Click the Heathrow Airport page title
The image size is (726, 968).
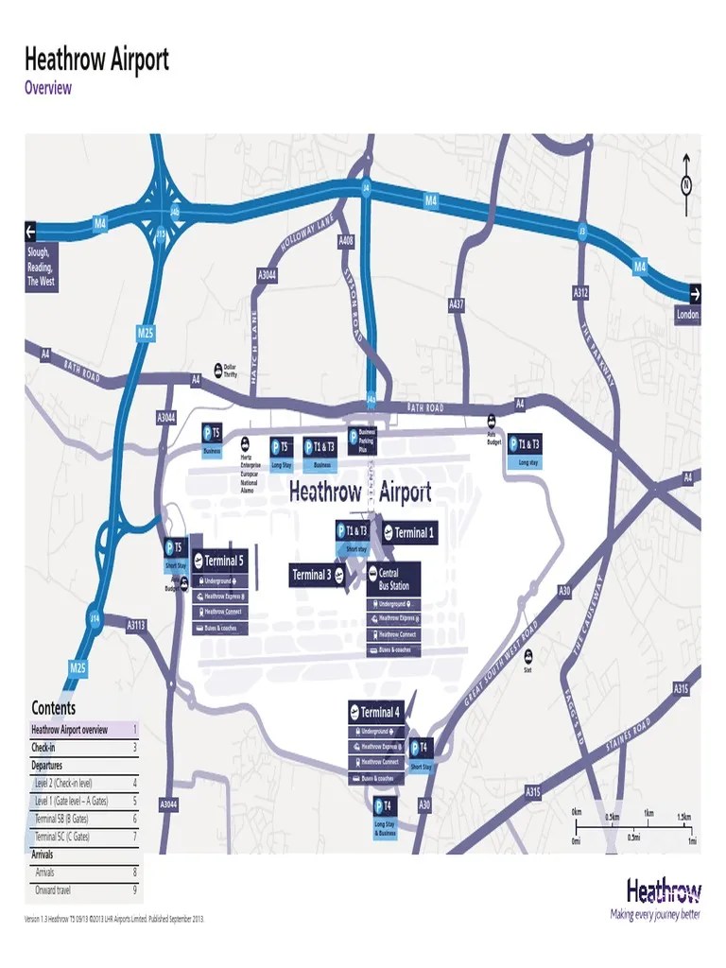96,60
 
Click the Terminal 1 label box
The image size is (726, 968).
408,533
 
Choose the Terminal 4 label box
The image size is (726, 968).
376,713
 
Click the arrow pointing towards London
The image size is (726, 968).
695,293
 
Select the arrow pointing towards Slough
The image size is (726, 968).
30,232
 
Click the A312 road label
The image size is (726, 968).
580,294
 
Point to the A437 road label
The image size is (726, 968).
456,304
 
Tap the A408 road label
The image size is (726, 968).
346,241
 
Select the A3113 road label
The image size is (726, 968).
137,624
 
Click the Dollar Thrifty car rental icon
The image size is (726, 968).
227,370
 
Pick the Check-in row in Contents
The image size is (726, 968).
83,747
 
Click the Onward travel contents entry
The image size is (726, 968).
83,890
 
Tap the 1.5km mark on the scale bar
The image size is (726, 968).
683,816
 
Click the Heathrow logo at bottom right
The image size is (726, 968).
664,891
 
